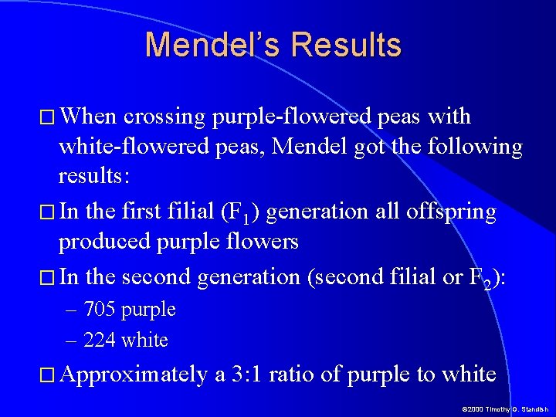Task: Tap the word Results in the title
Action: pos(347,46)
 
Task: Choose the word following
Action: pos(473,146)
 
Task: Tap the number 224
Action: pos(99,340)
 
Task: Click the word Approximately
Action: pos(134,375)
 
